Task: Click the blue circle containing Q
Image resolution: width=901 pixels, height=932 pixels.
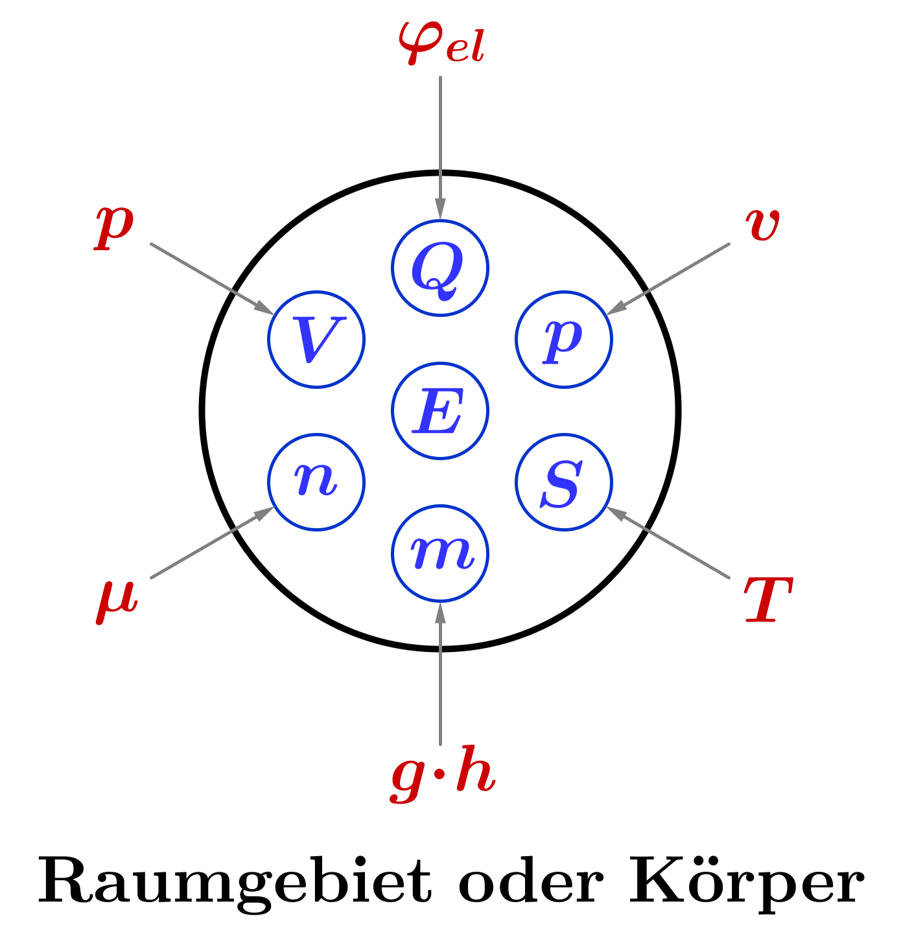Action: [x=439, y=268]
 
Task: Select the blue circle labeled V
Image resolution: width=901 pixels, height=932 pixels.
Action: [x=316, y=339]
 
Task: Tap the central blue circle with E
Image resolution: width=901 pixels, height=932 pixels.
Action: [x=439, y=410]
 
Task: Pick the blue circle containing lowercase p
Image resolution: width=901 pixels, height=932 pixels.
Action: [x=563, y=339]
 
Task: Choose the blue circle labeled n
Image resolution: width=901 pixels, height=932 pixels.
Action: [x=316, y=482]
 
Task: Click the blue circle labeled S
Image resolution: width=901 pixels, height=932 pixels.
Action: [x=563, y=482]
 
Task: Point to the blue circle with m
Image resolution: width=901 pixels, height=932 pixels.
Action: [x=439, y=553]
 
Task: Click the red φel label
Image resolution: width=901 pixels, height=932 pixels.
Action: [x=441, y=43]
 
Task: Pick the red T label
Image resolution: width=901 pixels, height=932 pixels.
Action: [x=767, y=600]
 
